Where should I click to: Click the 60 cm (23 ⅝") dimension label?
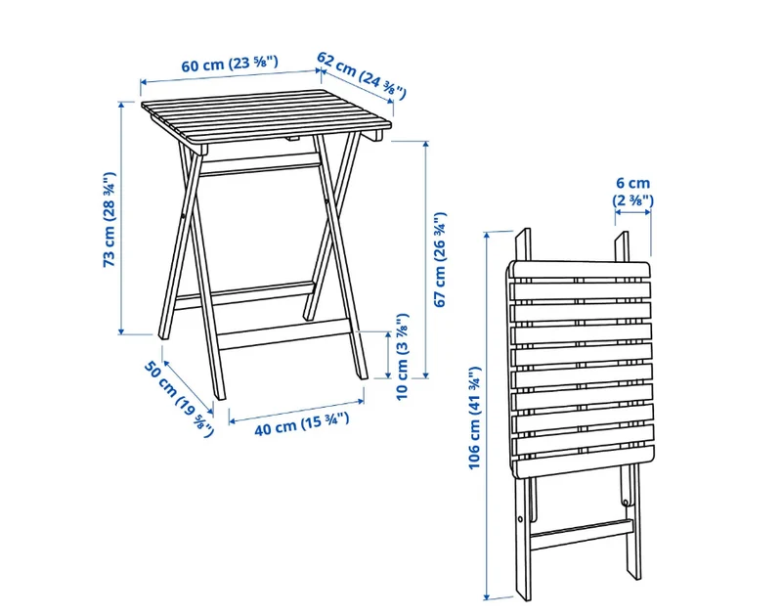pyautogui.click(x=229, y=64)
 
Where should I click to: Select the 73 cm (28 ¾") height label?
pyautogui.click(x=109, y=219)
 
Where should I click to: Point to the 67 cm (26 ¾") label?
pyautogui.click(x=440, y=259)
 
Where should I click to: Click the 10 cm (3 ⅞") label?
pyautogui.click(x=402, y=356)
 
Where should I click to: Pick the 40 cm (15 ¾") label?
pyautogui.click(x=302, y=424)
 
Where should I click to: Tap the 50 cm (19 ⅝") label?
pyautogui.click(x=179, y=399)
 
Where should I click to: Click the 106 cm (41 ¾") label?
pyautogui.click(x=474, y=418)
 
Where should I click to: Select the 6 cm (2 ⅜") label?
pyautogui.click(x=632, y=192)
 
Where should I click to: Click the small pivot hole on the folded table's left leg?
pyautogui.click(x=521, y=519)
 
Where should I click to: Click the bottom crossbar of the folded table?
pyautogui.click(x=582, y=534)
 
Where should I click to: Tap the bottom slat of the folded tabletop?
pyautogui.click(x=583, y=462)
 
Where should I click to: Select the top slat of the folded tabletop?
pyautogui.click(x=581, y=272)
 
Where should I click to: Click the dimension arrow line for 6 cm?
pyautogui.click(x=632, y=212)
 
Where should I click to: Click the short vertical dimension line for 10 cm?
pyautogui.click(x=388, y=355)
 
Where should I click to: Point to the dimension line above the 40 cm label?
pyautogui.click(x=296, y=412)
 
